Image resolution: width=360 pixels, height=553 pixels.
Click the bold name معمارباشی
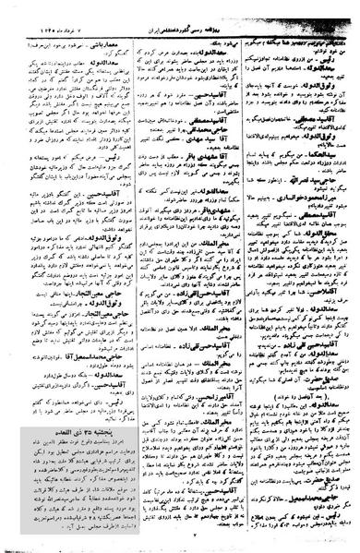102,44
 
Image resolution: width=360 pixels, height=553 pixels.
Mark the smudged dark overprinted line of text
295,44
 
